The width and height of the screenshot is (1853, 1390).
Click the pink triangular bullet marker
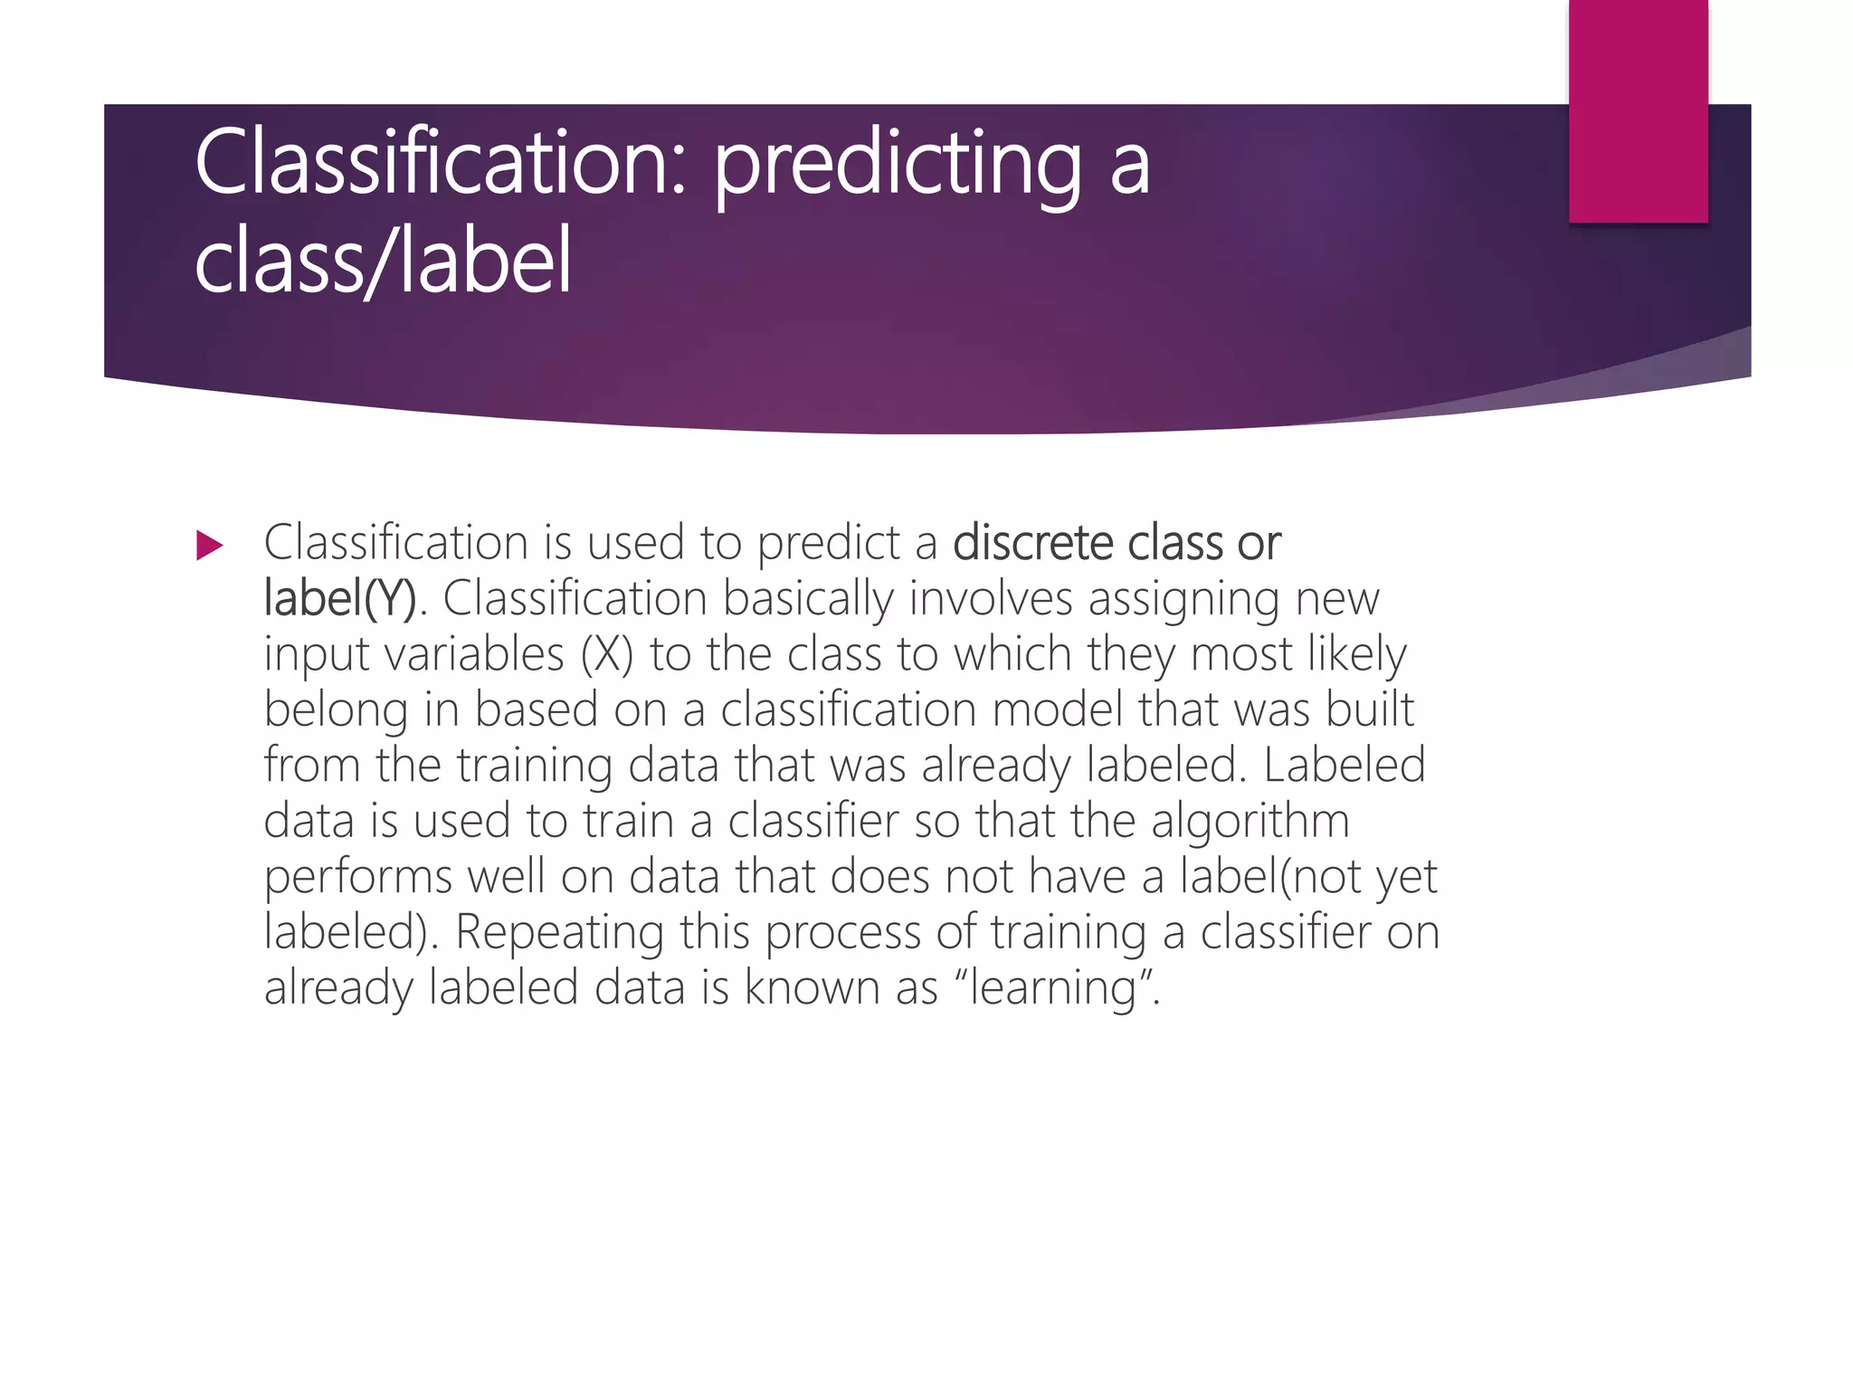[x=209, y=546]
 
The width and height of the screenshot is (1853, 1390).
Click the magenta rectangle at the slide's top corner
[x=1638, y=110]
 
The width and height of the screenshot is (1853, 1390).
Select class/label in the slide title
[x=384, y=262]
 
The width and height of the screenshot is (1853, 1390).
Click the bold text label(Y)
[x=340, y=599]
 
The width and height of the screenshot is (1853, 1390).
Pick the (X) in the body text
[x=606, y=654]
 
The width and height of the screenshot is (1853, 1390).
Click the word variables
[x=475, y=654]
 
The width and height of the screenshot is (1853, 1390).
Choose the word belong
[x=336, y=711]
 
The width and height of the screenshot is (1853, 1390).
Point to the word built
[x=1370, y=709]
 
